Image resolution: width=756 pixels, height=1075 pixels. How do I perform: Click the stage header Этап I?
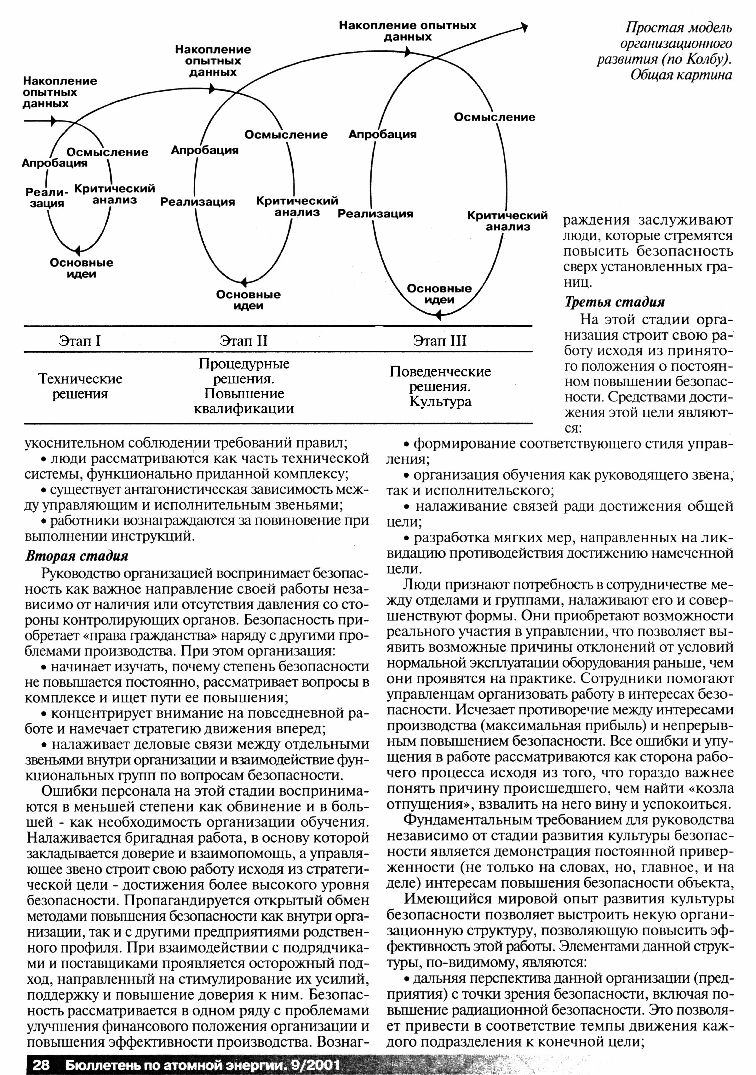pyautogui.click(x=80, y=340)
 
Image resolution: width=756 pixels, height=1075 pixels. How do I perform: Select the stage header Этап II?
pyautogui.click(x=243, y=340)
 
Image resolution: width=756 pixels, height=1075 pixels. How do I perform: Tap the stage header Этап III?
pyautogui.click(x=440, y=340)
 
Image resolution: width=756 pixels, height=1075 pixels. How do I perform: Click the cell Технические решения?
pyautogui.click(x=80, y=386)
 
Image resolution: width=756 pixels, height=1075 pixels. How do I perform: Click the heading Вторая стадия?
pyautogui.click(x=76, y=556)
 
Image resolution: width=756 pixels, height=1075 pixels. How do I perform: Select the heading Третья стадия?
pyautogui.click(x=615, y=302)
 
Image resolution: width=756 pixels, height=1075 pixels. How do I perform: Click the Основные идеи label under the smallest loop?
pyautogui.click(x=82, y=268)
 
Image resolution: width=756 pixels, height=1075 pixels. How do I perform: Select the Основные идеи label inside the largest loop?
pyautogui.click(x=439, y=294)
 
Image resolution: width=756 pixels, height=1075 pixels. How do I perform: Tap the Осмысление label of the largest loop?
pyautogui.click(x=494, y=117)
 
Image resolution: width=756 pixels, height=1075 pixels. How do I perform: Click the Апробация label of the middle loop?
pyautogui.click(x=205, y=150)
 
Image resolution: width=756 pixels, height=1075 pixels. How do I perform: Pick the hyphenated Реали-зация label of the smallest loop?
pyautogui.click(x=46, y=197)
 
